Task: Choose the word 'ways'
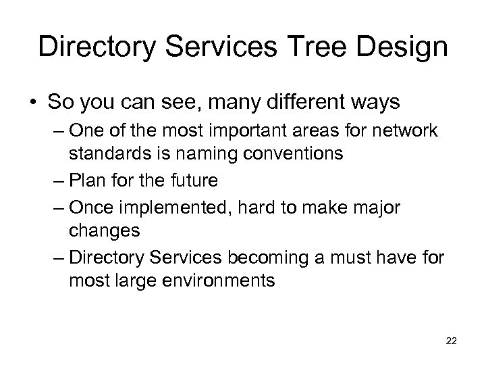(x=371, y=103)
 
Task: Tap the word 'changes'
(x=104, y=231)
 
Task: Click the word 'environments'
(x=221, y=280)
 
